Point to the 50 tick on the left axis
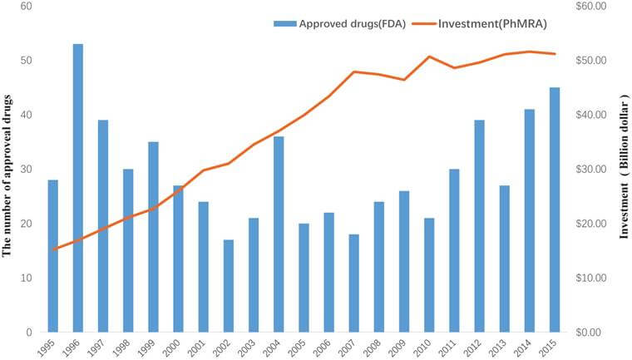click(26, 61)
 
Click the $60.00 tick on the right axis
click(591, 7)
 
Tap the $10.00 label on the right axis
click(591, 278)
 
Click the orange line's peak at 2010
click(430, 57)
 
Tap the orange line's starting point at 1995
click(53, 249)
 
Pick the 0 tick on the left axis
click(29, 333)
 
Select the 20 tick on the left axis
click(26, 224)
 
